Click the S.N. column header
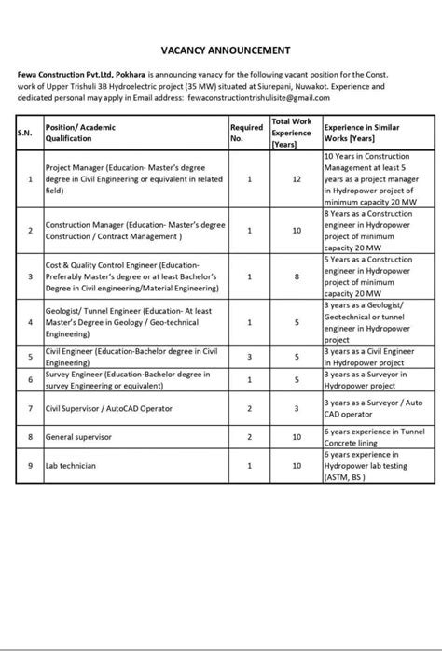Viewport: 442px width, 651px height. point(24,133)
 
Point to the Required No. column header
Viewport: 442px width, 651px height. point(247,132)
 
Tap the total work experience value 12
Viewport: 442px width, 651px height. point(296,178)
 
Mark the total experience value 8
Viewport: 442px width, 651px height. point(296,276)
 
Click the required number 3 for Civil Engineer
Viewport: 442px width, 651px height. point(250,356)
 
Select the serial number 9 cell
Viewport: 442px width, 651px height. point(31,464)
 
